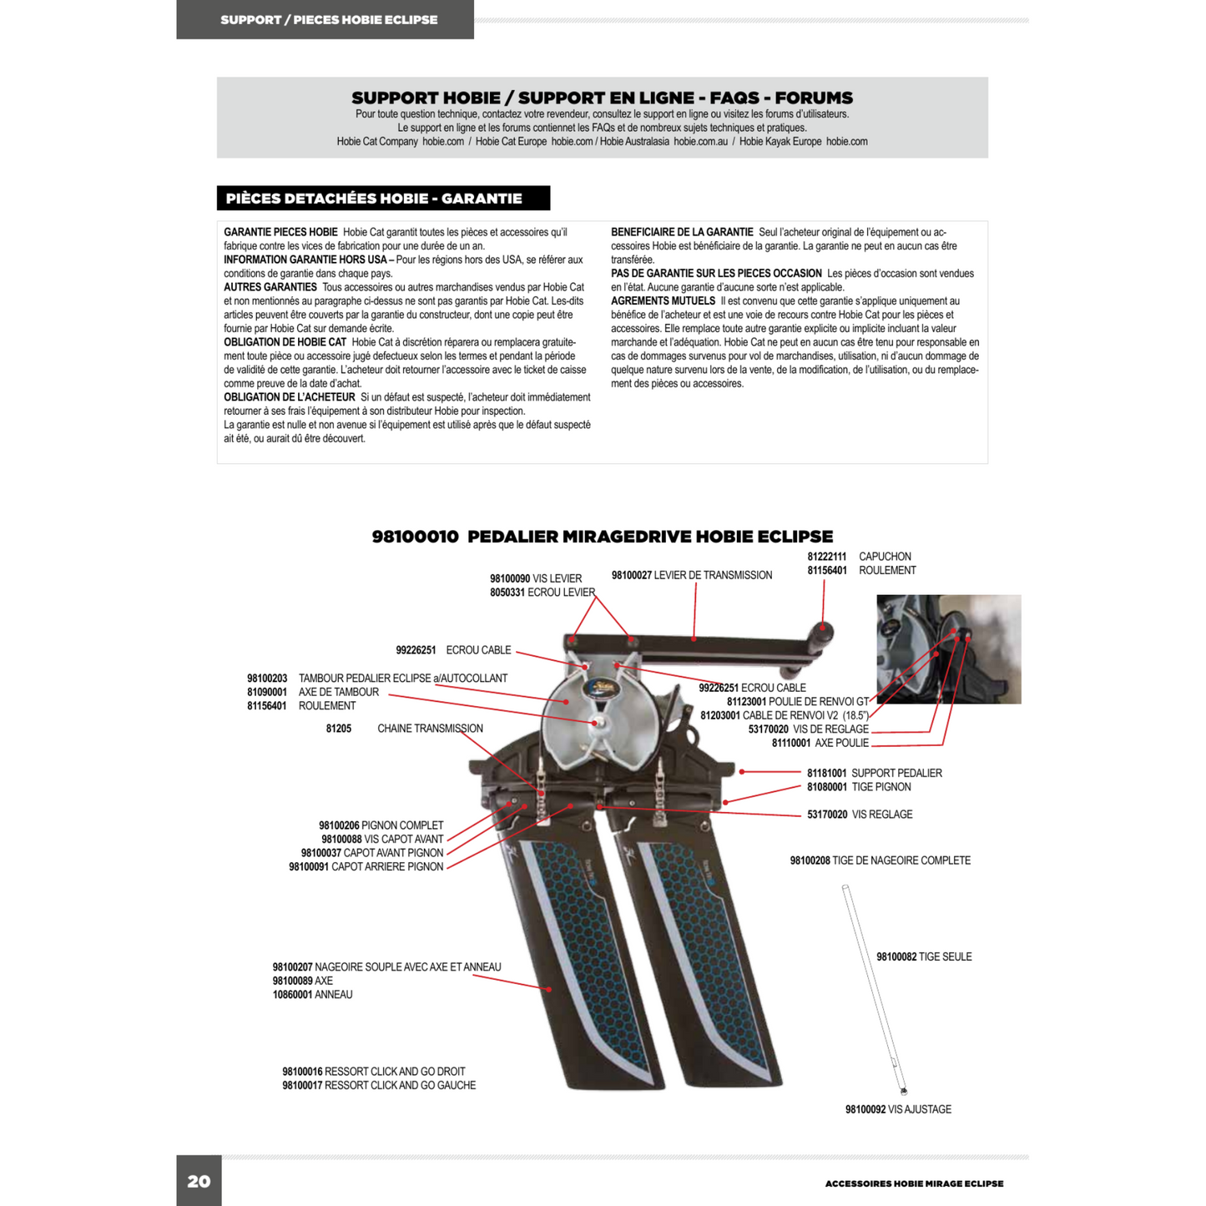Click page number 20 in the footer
click(x=199, y=1181)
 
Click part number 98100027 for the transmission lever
click(x=632, y=575)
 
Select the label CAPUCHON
click(x=885, y=557)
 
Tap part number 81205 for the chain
click(x=339, y=729)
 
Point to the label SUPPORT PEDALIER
click(x=896, y=773)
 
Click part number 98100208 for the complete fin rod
click(x=810, y=860)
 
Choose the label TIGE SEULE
click(x=945, y=957)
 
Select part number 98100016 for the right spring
click(x=302, y=1072)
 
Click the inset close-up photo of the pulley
click(x=948, y=649)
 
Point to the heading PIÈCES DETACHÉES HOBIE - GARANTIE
click(x=374, y=199)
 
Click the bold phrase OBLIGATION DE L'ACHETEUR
click(x=290, y=397)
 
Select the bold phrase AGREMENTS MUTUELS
click(x=663, y=301)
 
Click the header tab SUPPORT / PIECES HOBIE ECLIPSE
click(x=329, y=20)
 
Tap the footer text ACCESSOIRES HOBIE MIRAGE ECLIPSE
click(x=914, y=1183)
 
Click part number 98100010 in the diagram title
click(x=415, y=537)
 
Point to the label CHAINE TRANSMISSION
click(x=430, y=729)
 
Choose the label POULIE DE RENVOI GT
click(x=818, y=702)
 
